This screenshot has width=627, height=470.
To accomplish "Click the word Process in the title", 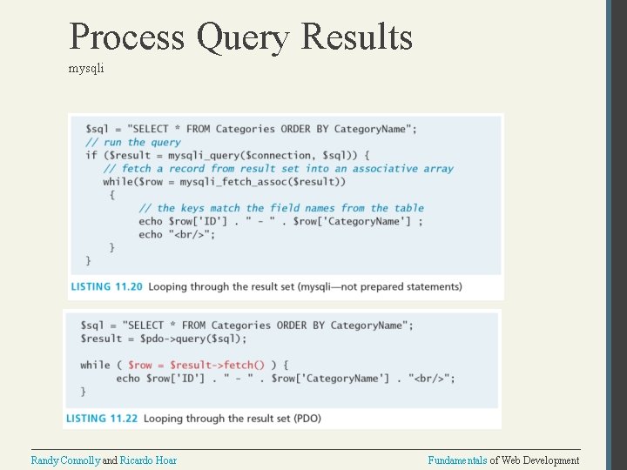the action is (127, 37).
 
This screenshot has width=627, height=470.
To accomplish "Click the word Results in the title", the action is (356, 37).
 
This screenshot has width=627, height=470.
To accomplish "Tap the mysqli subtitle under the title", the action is (86, 68).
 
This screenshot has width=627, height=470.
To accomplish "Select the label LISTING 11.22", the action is (102, 419).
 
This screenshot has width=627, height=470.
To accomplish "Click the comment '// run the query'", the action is (132, 142).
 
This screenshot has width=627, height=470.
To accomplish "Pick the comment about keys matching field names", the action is (280, 208).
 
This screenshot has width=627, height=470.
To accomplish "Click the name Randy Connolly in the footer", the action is (65, 460).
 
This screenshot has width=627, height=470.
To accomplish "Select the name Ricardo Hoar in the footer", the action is (148, 460).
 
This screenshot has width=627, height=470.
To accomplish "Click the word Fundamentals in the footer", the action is (457, 460).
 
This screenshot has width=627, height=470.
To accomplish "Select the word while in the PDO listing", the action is (95, 365).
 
